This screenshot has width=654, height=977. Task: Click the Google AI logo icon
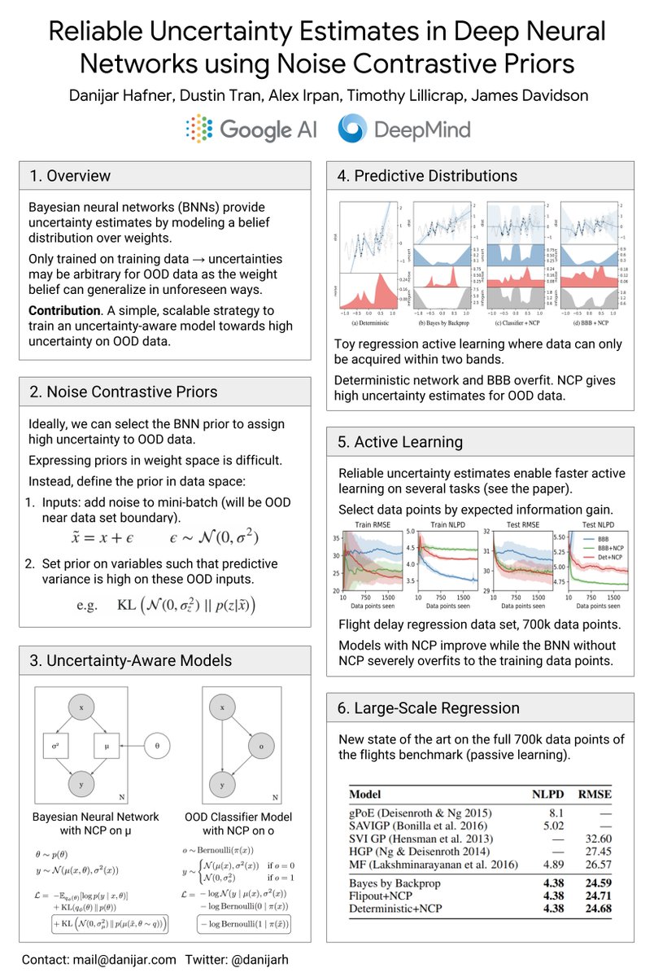click(x=198, y=129)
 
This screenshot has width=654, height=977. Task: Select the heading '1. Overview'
click(x=70, y=176)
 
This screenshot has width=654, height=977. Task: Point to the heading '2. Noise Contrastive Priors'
click(x=123, y=392)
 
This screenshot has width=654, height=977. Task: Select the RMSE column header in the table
click(x=595, y=794)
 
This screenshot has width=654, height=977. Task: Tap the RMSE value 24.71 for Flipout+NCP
click(x=595, y=895)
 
